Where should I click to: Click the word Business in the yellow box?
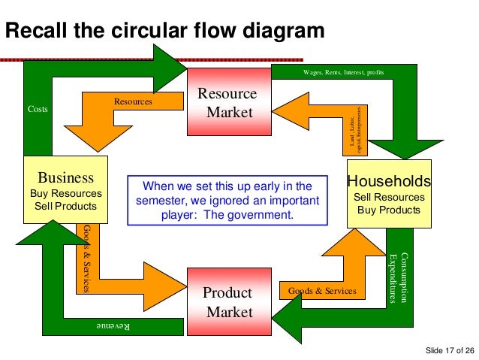coord(65,178)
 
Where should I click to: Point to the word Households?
coord(389,181)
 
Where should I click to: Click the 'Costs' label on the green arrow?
coord(37,109)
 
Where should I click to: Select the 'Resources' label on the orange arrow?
coord(132,100)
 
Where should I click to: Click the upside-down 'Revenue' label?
coord(113,325)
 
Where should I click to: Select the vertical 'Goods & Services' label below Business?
coord(87,258)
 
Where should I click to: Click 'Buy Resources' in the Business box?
coord(65,193)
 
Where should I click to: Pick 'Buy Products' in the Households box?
coord(389,210)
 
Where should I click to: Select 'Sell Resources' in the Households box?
coord(389,197)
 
